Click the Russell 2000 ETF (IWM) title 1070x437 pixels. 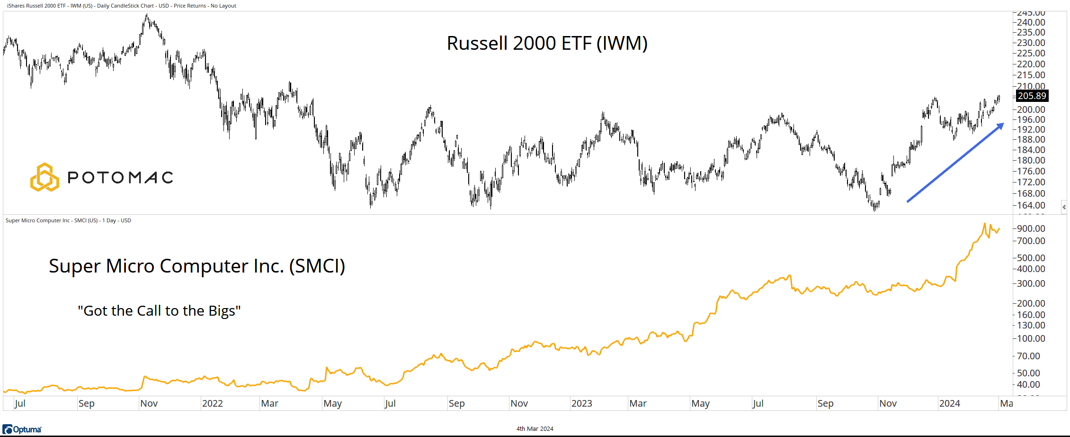click(x=547, y=43)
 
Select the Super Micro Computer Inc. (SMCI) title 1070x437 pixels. click(x=197, y=266)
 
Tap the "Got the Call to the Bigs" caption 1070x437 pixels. click(x=159, y=311)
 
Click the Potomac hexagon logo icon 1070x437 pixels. click(x=45, y=177)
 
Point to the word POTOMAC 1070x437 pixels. click(x=120, y=178)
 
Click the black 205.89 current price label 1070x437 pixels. click(x=1032, y=96)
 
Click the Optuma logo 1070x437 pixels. click(x=22, y=429)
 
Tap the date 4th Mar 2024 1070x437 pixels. click(x=535, y=429)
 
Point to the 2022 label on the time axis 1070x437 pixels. click(x=212, y=403)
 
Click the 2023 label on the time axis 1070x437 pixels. click(x=581, y=403)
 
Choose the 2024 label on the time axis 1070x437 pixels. click(x=949, y=403)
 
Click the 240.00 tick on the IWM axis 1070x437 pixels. click(x=1031, y=22)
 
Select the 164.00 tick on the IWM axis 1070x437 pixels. click(x=1031, y=205)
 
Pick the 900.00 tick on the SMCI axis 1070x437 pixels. click(x=1031, y=228)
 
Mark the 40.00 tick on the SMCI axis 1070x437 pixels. click(x=1028, y=384)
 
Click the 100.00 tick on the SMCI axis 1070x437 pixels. click(x=1031, y=338)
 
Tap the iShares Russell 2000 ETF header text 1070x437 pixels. click(x=122, y=6)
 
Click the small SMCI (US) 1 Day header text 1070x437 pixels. click(x=68, y=220)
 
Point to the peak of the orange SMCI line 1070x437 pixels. click(x=984, y=224)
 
